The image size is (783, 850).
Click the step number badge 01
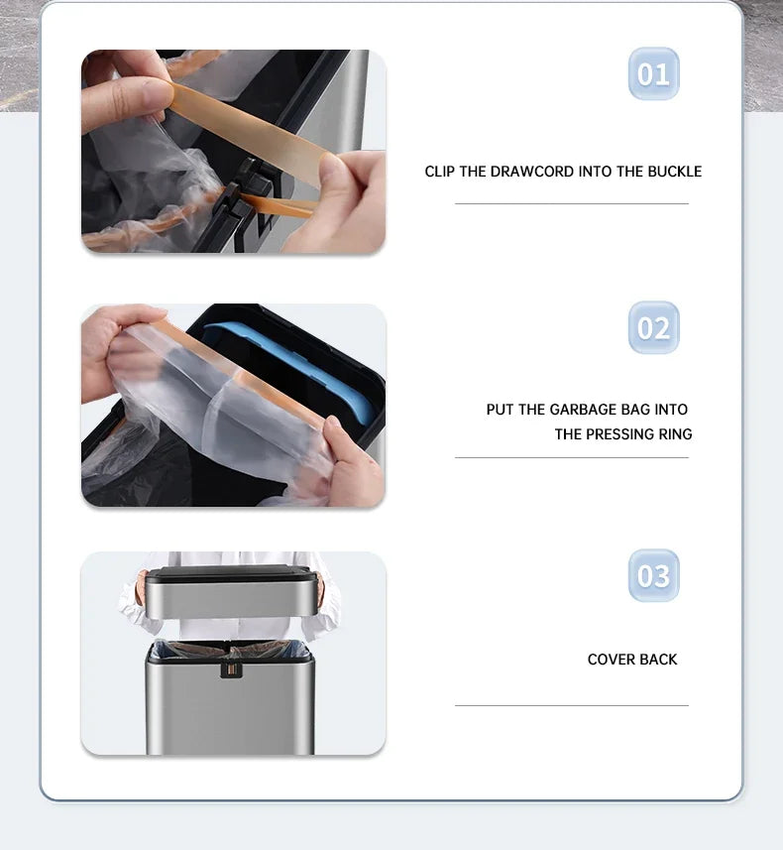653,74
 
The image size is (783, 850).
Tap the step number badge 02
653,328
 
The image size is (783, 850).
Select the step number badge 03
653,576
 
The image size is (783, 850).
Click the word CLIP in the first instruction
440,172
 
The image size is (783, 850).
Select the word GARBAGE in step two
584,410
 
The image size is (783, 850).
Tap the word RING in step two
675,434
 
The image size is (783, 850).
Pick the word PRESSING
619,434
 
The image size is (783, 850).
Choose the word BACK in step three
658,660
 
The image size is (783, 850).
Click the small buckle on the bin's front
230,668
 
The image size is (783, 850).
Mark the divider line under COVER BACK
571,705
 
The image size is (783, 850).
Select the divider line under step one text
571,203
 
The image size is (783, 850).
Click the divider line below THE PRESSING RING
571,457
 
